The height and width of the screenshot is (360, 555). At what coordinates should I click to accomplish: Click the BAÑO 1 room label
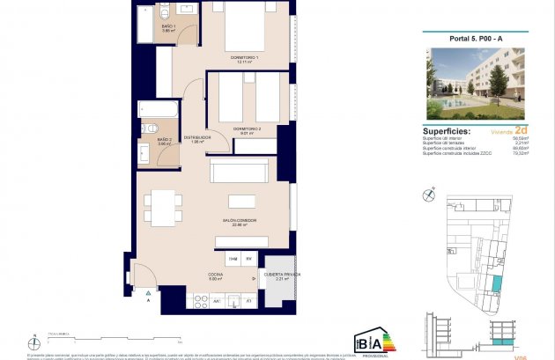pyautogui.click(x=168, y=27)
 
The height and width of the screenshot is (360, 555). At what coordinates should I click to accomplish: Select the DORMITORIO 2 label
pyautogui.click(x=247, y=129)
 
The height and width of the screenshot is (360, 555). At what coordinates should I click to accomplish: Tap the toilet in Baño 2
pyautogui.click(x=145, y=153)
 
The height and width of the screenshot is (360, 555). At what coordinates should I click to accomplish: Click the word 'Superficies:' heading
pyautogui.click(x=448, y=132)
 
